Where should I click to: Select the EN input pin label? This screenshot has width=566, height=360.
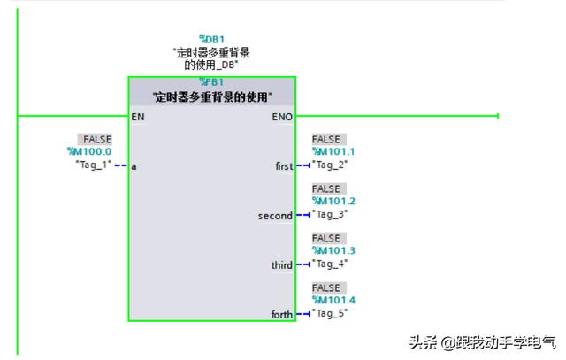pyautogui.click(x=138, y=116)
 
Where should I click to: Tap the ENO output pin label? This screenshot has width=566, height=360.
pyautogui.click(x=283, y=116)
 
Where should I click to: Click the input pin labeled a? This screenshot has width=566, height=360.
pyautogui.click(x=134, y=165)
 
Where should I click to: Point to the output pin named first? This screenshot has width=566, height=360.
pyautogui.click(x=284, y=165)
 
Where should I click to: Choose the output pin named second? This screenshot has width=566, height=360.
pyautogui.click(x=275, y=215)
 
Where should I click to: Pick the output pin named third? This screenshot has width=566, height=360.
pyautogui.click(x=281, y=264)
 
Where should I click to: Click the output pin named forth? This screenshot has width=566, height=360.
pyautogui.click(x=281, y=314)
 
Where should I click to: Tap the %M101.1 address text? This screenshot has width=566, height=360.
pyautogui.click(x=333, y=151)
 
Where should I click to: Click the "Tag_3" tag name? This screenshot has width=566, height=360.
pyautogui.click(x=331, y=214)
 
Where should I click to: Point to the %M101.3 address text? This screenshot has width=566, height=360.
pyautogui.click(x=333, y=250)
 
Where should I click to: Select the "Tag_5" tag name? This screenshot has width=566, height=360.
pyautogui.click(x=331, y=313)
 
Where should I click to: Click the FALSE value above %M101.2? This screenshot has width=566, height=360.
pyautogui.click(x=326, y=189)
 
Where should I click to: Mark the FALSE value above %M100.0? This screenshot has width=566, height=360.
pyautogui.click(x=96, y=140)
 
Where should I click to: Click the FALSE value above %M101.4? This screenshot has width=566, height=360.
pyautogui.click(x=326, y=288)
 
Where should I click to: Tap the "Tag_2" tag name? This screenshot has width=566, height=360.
pyautogui.click(x=331, y=165)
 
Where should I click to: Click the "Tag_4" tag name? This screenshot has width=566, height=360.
pyautogui.click(x=331, y=264)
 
